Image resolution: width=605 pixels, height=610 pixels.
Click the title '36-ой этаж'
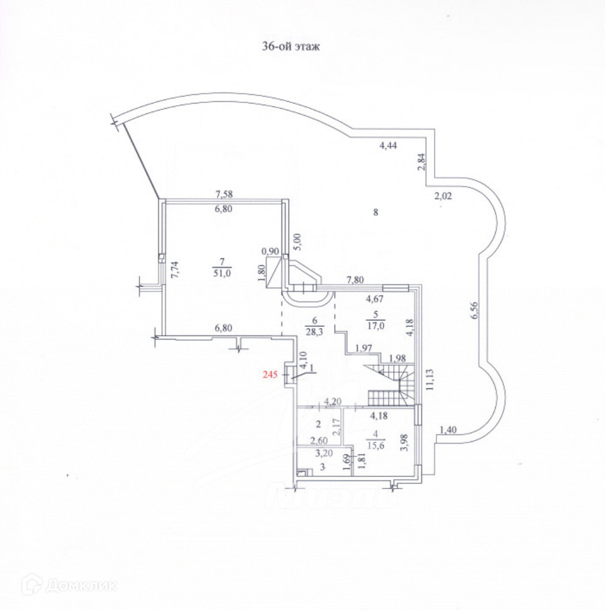coord(290,47)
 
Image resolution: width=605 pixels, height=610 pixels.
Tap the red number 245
coord(270,375)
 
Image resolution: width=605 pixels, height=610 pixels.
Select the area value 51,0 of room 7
coord(222,273)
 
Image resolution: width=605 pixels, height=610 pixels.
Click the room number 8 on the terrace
coord(375,212)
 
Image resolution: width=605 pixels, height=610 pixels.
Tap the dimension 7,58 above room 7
coord(223,195)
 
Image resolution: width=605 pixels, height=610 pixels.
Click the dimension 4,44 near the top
coord(387,146)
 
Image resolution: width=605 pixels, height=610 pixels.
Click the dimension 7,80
coord(355,280)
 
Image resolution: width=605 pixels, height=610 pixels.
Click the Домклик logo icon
coord(31,586)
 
